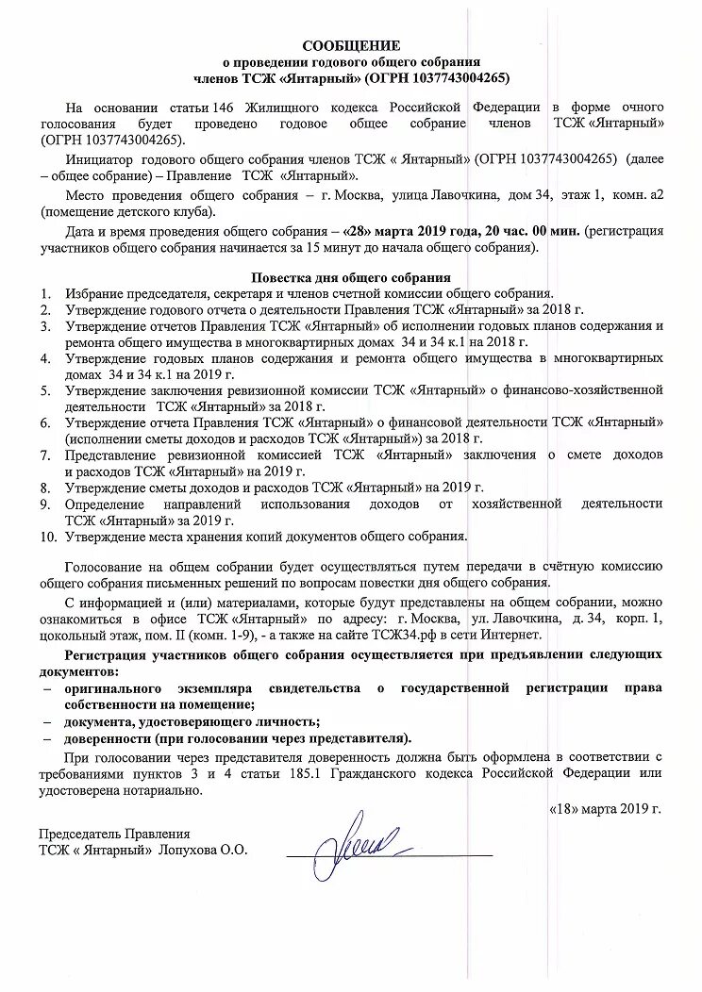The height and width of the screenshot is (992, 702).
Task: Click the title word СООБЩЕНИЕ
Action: point(351,45)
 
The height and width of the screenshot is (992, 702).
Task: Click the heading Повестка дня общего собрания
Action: point(350,277)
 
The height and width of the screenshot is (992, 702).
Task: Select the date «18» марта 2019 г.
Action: point(606,808)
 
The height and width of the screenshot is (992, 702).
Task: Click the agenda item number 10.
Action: point(48,537)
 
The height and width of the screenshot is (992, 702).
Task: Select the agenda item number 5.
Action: point(45,389)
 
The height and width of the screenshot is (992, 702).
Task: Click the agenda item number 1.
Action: point(45,294)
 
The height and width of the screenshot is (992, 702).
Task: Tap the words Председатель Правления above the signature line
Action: point(114,834)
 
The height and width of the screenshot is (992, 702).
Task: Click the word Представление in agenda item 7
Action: point(115,455)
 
